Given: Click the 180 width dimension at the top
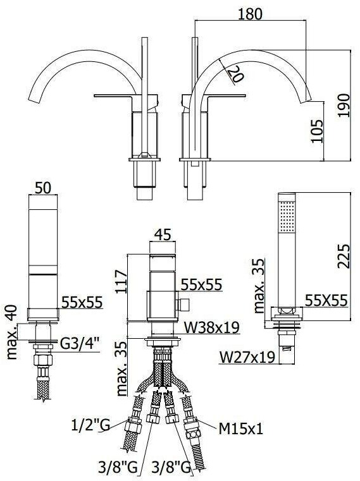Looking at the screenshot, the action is click(251, 14).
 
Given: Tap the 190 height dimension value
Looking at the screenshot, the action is click(344, 105).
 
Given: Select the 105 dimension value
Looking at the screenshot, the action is click(317, 131).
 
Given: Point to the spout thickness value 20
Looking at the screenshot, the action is click(235, 73).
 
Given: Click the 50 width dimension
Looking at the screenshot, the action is click(43, 188).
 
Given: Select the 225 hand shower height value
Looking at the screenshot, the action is click(344, 256).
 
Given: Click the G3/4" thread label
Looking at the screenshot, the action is click(80, 344).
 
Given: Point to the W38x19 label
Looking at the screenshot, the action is click(212, 327).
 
